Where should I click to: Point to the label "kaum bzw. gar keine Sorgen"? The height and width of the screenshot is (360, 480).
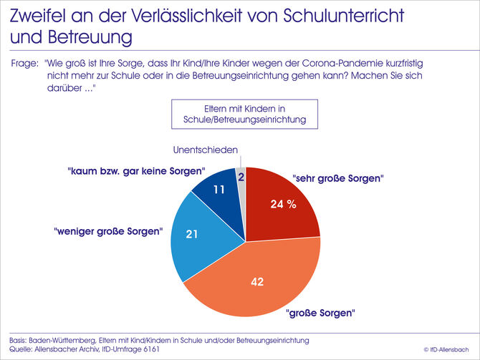(x=136, y=172)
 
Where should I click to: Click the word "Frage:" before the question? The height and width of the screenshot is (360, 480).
(x=25, y=63)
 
